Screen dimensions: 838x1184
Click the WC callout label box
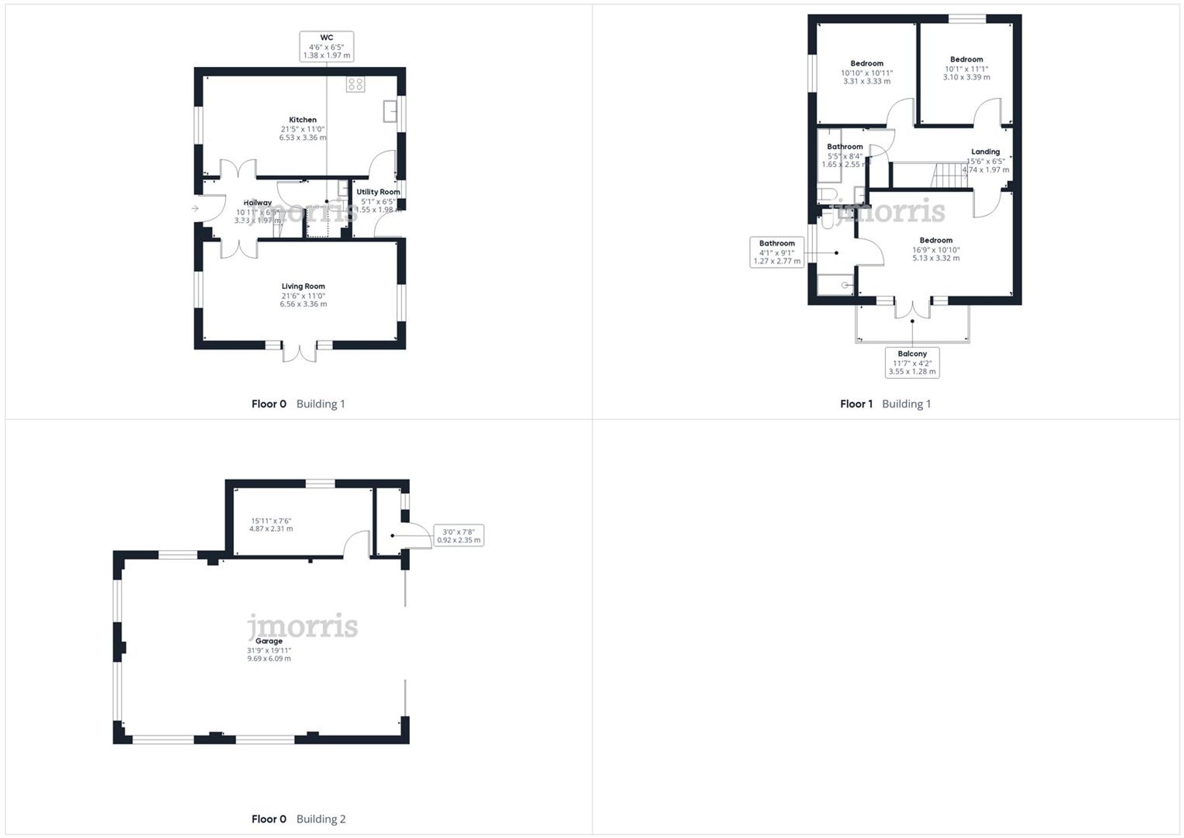pos(326,46)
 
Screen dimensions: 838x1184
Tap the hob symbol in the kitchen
pos(355,84)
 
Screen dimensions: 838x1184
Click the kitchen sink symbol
pos(390,111)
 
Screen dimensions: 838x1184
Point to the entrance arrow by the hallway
pos(195,208)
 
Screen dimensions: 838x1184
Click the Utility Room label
pos(378,192)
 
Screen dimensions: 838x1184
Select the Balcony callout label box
pos(912,362)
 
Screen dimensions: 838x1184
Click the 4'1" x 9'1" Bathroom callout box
pos(777,252)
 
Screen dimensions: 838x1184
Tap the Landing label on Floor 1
pos(985,152)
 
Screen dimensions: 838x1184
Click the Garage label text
pos(269,641)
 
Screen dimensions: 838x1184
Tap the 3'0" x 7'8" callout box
pos(459,535)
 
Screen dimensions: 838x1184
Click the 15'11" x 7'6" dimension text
pos(271,525)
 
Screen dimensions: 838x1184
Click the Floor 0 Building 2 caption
pos(298,819)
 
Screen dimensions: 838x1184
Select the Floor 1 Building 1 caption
pos(885,404)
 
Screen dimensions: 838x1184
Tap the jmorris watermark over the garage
pos(303,626)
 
